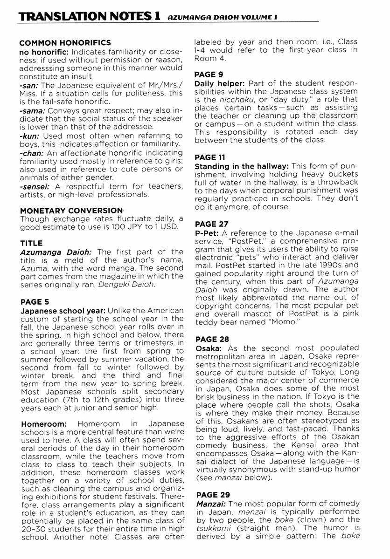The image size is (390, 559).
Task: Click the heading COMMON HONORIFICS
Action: (x=65, y=43)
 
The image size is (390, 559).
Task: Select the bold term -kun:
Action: (x=29, y=136)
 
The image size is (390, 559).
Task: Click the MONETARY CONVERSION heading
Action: (x=71, y=211)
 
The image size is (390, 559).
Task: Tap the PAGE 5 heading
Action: (x=35, y=302)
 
